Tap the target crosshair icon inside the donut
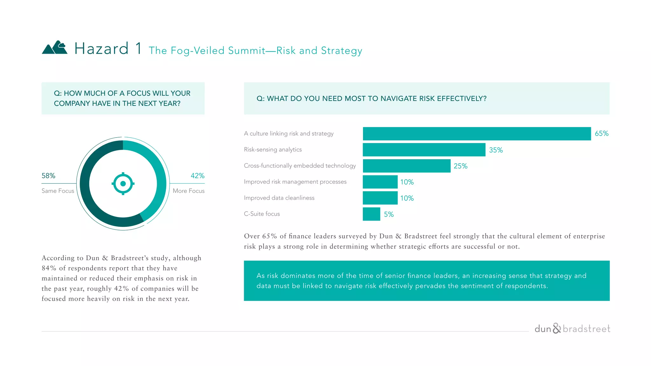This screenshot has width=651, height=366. [123, 184]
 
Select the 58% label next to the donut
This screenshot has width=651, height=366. [48, 176]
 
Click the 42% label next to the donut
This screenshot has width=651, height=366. [197, 176]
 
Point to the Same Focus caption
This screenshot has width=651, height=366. [58, 191]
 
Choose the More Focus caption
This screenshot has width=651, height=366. [188, 191]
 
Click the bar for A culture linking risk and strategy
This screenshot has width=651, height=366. [477, 134]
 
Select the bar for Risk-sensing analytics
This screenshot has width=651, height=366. [424, 150]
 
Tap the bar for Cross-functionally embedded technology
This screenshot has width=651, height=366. [407, 166]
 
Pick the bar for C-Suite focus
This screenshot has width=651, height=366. [371, 214]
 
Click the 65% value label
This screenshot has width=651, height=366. [601, 133]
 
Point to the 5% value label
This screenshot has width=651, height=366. [388, 214]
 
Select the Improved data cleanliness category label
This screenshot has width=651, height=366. [279, 198]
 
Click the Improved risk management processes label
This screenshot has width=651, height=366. [295, 182]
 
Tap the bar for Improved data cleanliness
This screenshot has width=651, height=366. [380, 198]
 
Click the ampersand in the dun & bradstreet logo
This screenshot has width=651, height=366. [557, 328]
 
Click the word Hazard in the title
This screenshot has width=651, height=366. [101, 49]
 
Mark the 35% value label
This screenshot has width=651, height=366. [496, 150]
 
